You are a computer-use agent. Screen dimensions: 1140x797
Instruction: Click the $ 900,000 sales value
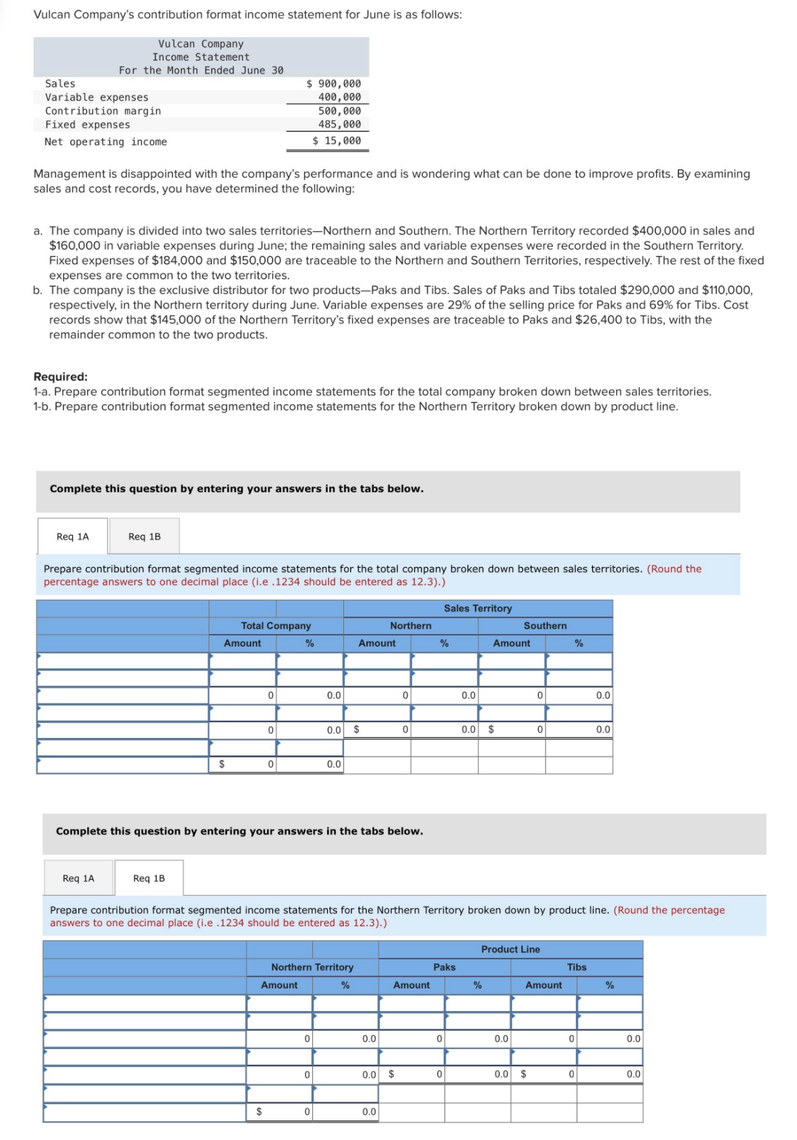pos(334,84)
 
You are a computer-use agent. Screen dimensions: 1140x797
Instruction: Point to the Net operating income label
pos(105,142)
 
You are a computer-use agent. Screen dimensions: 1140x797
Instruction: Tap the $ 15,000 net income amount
pos(336,140)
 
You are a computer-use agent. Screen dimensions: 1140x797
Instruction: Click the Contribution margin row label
pos(102,111)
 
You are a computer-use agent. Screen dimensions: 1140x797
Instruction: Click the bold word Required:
pos(61,376)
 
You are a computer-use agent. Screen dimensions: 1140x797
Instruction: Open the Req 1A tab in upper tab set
pos(73,536)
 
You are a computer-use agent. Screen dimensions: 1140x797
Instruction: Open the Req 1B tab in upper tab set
pos(144,536)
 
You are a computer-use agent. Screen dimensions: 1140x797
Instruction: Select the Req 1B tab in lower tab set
pos(149,878)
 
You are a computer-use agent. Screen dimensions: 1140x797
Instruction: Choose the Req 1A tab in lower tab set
pos(78,878)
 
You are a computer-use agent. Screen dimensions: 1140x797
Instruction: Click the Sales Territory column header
pos(477,608)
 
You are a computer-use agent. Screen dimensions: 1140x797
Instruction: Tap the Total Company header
pos(276,626)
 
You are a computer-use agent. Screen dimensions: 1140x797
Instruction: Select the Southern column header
pos(545,626)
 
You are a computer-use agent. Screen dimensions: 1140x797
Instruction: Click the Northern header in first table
pos(411,626)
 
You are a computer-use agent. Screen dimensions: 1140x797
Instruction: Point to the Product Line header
pos(510,949)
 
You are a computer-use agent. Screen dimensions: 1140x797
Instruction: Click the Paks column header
pos(444,967)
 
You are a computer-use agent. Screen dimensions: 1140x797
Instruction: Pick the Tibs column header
pos(577,967)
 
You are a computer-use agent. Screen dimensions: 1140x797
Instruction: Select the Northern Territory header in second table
pos(312,967)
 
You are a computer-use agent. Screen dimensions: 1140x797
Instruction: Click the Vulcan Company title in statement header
pos(201,44)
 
